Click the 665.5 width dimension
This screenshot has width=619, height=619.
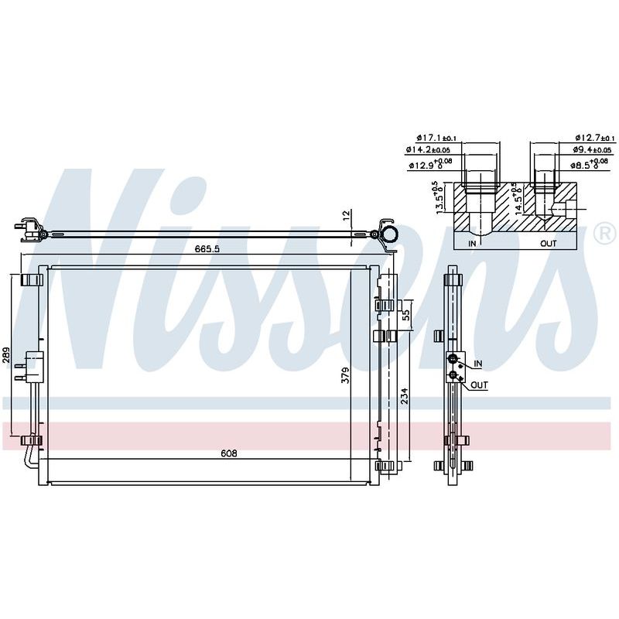[x=207, y=249]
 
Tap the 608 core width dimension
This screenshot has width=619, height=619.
[x=229, y=453]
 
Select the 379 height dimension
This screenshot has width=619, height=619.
[x=345, y=375]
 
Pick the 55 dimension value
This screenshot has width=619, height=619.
[x=405, y=315]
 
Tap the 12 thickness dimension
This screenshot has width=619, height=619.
[x=346, y=215]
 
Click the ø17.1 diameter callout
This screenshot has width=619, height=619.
[x=436, y=138]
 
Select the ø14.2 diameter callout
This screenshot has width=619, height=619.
[x=428, y=149]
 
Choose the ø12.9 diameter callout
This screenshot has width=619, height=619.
[x=429, y=164]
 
